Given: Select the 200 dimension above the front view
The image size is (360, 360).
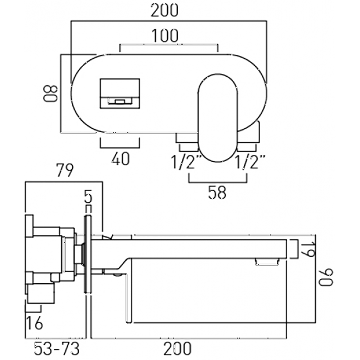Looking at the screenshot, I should click(x=164, y=11).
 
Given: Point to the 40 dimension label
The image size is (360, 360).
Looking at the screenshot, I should click(x=120, y=159).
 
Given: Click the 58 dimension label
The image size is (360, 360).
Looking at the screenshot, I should click(x=217, y=193).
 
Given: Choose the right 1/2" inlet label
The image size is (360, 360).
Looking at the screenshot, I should click(x=251, y=163).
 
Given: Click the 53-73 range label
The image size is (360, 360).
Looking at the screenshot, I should click(x=57, y=348).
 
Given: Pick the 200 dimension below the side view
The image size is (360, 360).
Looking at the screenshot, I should click(x=177, y=348).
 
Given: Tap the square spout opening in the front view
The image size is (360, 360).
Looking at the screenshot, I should click(x=120, y=93).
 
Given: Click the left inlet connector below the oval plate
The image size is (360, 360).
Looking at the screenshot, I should click(x=187, y=142).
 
